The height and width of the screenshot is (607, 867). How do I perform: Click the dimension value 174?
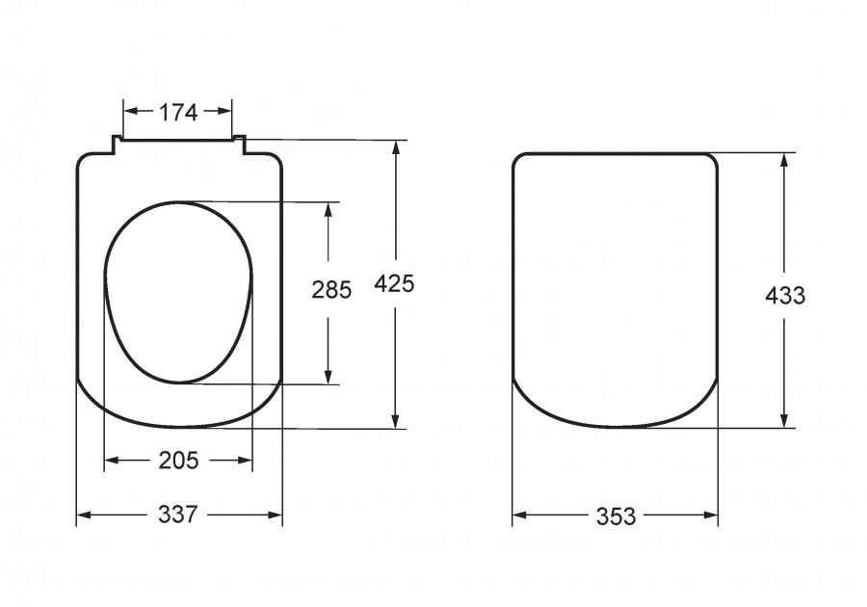coord(178,112)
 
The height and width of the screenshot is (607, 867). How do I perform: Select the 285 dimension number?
coord(331,290)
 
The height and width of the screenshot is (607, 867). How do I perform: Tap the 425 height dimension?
coord(394,283)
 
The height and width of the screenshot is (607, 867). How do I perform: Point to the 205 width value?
coord(178,460)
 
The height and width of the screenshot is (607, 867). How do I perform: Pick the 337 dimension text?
coord(178,515)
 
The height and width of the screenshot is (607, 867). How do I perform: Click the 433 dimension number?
coord(785,296)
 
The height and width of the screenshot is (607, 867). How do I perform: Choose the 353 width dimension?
coord(616,516)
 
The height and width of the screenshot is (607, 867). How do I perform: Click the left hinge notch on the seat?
coord(117,145)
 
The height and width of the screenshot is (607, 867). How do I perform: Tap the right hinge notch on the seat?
coord(239,145)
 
